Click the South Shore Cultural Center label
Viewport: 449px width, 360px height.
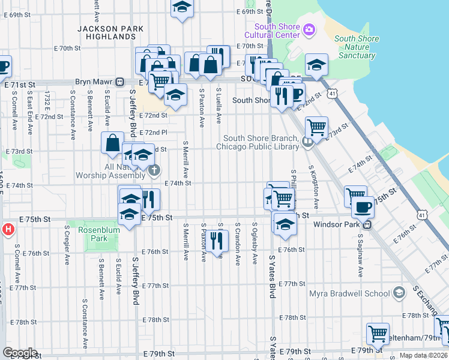point(277,30)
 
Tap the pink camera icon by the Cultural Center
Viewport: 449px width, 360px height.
point(309,29)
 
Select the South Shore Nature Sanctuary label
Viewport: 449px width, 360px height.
point(357,47)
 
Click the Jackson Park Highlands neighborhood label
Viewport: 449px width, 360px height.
point(111,32)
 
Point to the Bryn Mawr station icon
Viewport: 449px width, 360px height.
point(120,82)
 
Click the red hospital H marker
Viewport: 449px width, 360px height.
point(8,229)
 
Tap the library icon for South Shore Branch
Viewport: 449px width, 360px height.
point(307,142)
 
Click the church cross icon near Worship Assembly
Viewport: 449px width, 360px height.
point(153,171)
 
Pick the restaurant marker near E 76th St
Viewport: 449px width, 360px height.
point(216,240)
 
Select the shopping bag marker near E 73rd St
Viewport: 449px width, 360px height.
point(113,143)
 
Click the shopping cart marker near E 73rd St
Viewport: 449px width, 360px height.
point(316,127)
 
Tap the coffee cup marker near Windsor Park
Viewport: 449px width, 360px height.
point(363,207)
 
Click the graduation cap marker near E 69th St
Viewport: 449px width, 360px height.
point(181,8)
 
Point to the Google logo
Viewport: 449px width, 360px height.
point(19,353)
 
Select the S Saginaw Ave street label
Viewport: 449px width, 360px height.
point(361,257)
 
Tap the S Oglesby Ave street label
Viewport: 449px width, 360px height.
point(255,244)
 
